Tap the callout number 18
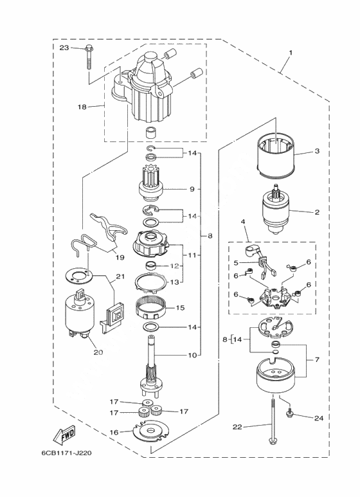click(x=82, y=107)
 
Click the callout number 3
click(x=317, y=151)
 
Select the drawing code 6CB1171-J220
click(x=66, y=453)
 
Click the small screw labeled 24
click(x=290, y=413)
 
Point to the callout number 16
click(x=114, y=432)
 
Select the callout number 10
click(x=193, y=356)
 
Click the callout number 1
click(x=291, y=52)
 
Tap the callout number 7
click(x=317, y=360)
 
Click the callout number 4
click(x=243, y=222)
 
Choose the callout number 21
click(x=120, y=276)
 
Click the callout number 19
click(x=120, y=257)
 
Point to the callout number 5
click(x=235, y=262)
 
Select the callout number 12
click(x=175, y=266)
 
